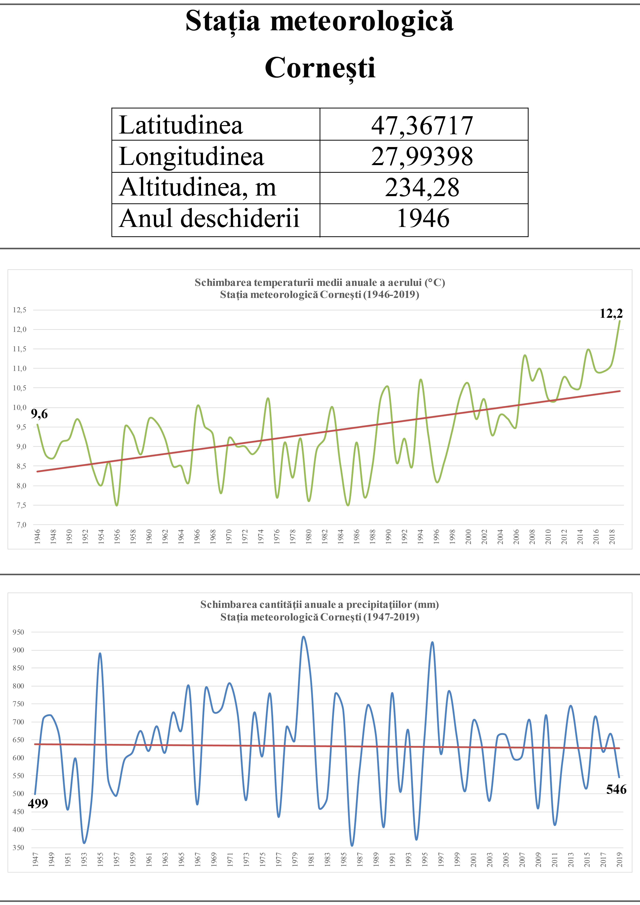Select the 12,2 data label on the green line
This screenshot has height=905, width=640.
point(611,314)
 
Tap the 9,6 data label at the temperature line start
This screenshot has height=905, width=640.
point(39,414)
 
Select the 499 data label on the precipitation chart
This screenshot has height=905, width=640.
point(38,803)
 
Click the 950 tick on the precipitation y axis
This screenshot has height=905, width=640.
point(19,632)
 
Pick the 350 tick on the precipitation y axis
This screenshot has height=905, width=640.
point(19,848)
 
